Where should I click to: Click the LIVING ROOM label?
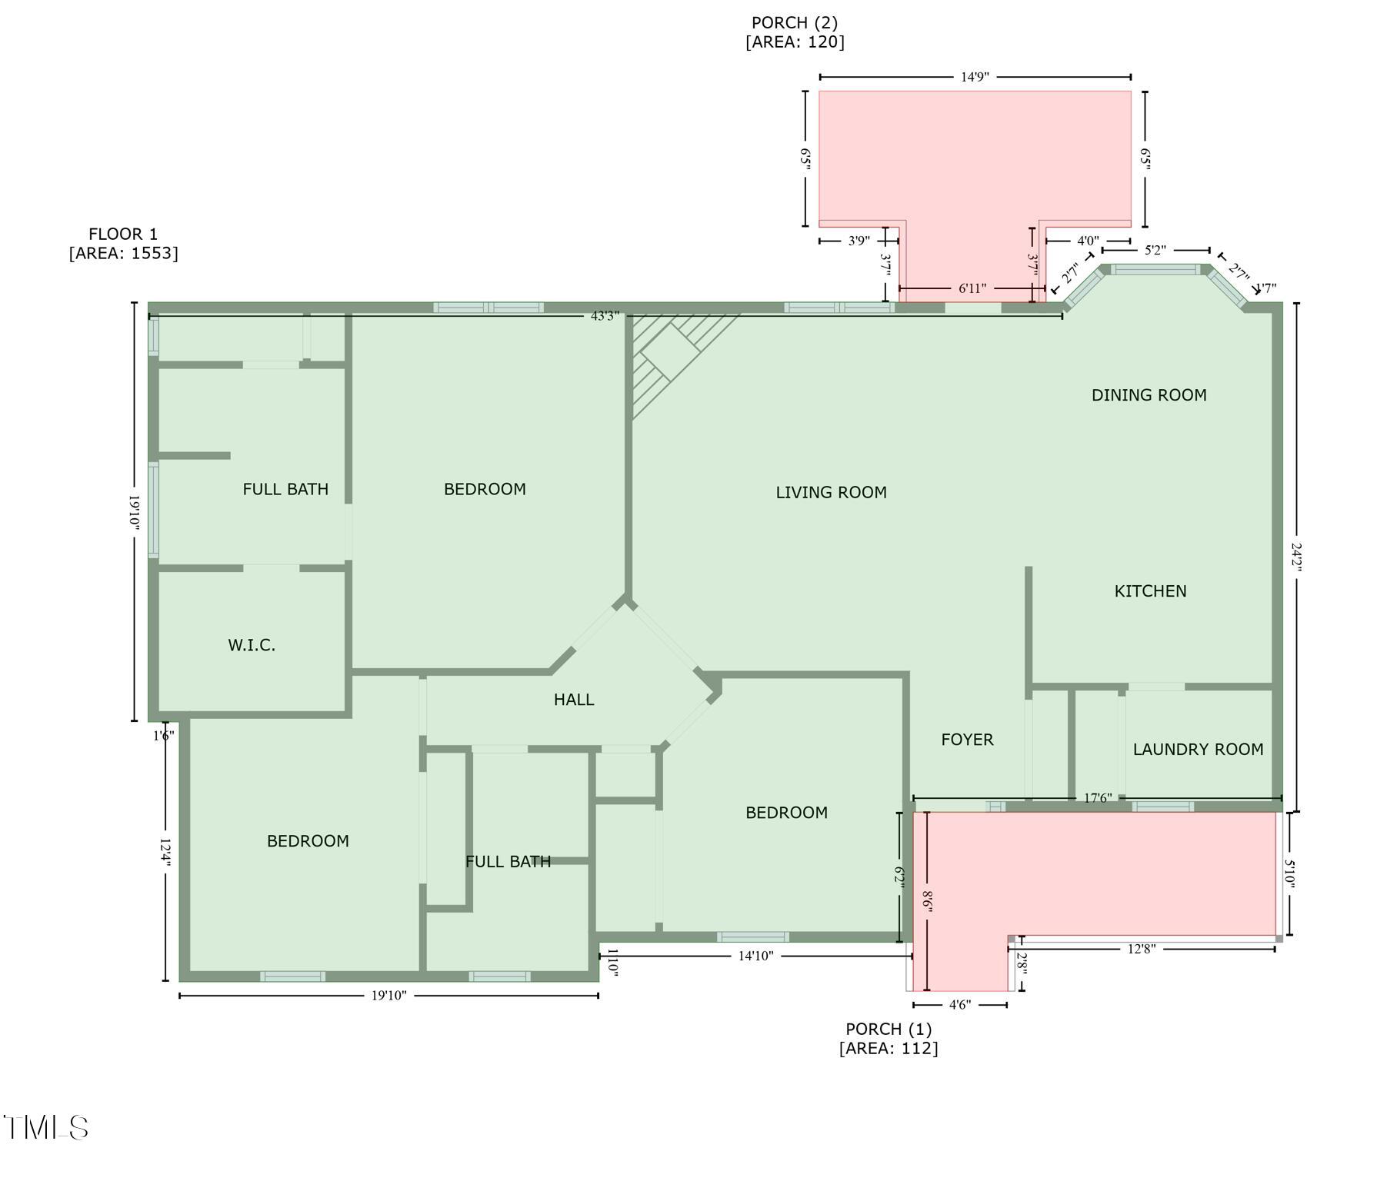831,493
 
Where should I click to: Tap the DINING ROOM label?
1149,395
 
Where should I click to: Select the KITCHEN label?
1150,591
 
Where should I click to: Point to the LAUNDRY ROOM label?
1198,750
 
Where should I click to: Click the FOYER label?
967,740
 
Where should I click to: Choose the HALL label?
574,700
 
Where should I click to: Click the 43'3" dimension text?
605,316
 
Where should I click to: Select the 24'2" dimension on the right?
1297,557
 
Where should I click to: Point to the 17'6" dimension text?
1098,798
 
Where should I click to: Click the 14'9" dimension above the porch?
975,77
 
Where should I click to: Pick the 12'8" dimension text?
1142,949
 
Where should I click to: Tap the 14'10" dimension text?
755,956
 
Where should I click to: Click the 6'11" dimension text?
972,288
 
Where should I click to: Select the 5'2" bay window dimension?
1155,250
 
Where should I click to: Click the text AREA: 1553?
123,254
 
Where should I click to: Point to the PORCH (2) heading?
795,23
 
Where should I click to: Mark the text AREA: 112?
889,1049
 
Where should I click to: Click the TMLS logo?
46,1128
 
